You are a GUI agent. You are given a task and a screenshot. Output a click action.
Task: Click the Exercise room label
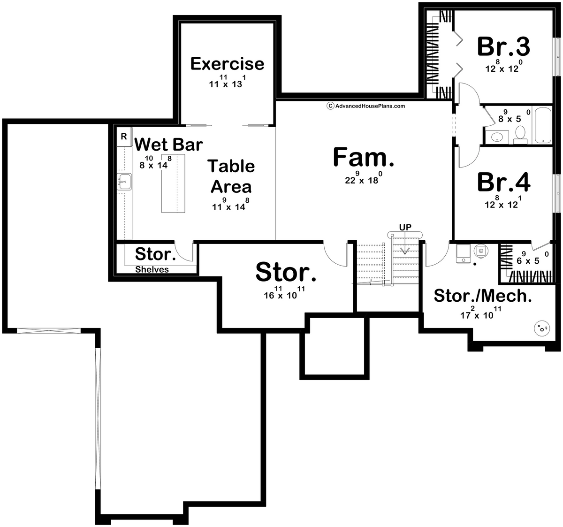click(x=227, y=64)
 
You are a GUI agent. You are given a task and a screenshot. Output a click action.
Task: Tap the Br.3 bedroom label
click(x=503, y=46)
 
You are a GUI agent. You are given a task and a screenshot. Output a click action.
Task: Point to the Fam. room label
click(x=363, y=157)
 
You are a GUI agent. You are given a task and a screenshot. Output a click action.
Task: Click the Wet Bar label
click(x=168, y=145)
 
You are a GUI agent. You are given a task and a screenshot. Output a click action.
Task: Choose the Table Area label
click(x=231, y=176)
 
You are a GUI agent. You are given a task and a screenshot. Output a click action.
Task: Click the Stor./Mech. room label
click(x=483, y=296)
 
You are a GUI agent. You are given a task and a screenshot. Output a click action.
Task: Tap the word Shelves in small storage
click(x=152, y=269)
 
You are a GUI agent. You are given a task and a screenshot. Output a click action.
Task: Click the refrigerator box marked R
click(x=124, y=137)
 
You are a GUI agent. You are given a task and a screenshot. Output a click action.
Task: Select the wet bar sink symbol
click(x=125, y=181)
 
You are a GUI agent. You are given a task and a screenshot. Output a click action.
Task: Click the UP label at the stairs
click(x=405, y=227)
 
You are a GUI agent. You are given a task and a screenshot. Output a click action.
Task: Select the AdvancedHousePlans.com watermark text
click(x=366, y=106)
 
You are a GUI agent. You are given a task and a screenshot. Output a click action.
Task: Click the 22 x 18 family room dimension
click(x=361, y=179)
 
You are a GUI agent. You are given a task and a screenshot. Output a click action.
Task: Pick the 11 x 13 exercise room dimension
click(x=227, y=84)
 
